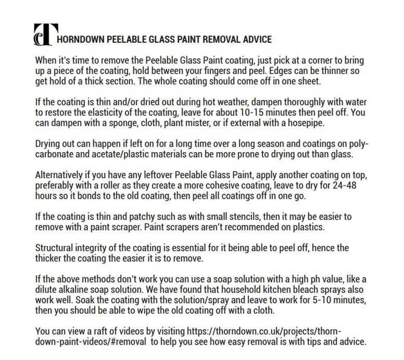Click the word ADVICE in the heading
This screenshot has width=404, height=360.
pyautogui.click(x=257, y=40)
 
